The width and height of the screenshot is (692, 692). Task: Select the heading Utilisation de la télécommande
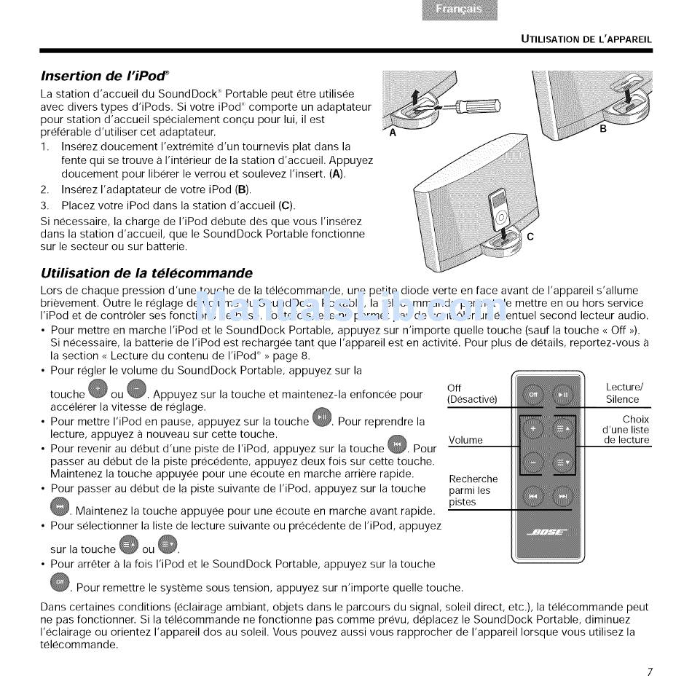tap(146, 273)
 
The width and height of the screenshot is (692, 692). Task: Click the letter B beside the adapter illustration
tap(602, 128)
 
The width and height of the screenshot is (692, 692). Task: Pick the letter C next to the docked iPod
tap(530, 237)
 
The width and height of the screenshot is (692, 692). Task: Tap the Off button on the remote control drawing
tap(532, 394)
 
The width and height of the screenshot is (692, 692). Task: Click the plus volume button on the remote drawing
tap(532, 429)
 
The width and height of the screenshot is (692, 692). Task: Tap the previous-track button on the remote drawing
tap(532, 497)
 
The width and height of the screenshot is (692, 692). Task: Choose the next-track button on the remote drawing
tap(562, 497)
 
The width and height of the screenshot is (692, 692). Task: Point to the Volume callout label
tap(465, 440)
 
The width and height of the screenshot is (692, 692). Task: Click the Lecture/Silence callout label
tap(624, 393)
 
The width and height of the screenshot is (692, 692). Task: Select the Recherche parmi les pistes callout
tap(473, 490)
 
